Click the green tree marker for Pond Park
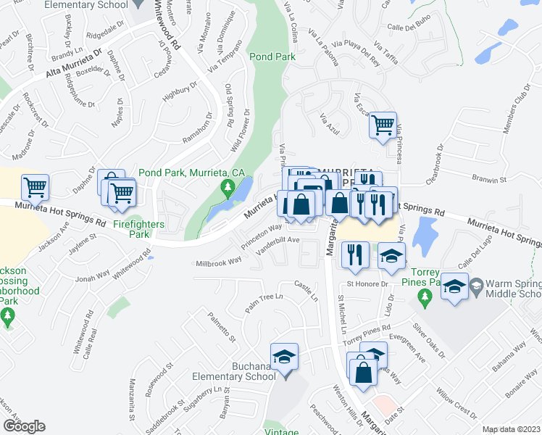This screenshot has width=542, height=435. coord(228,190)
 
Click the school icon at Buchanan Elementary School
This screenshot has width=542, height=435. coord(284,356)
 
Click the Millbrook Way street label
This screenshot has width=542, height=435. coord(218,262)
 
